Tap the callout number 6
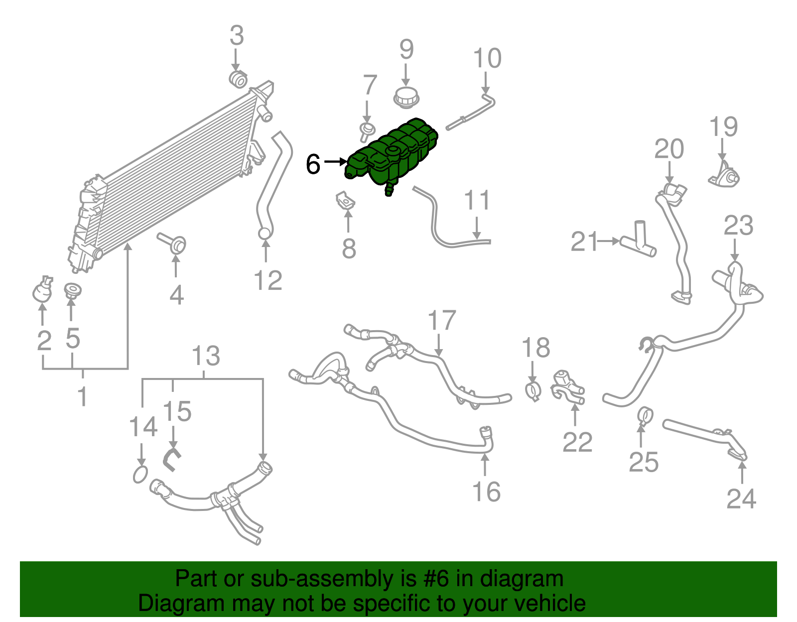coord(313,164)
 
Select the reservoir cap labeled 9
coord(406,98)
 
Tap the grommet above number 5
coord(72,290)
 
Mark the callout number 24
coord(741,498)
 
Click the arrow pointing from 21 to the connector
coord(609,241)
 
